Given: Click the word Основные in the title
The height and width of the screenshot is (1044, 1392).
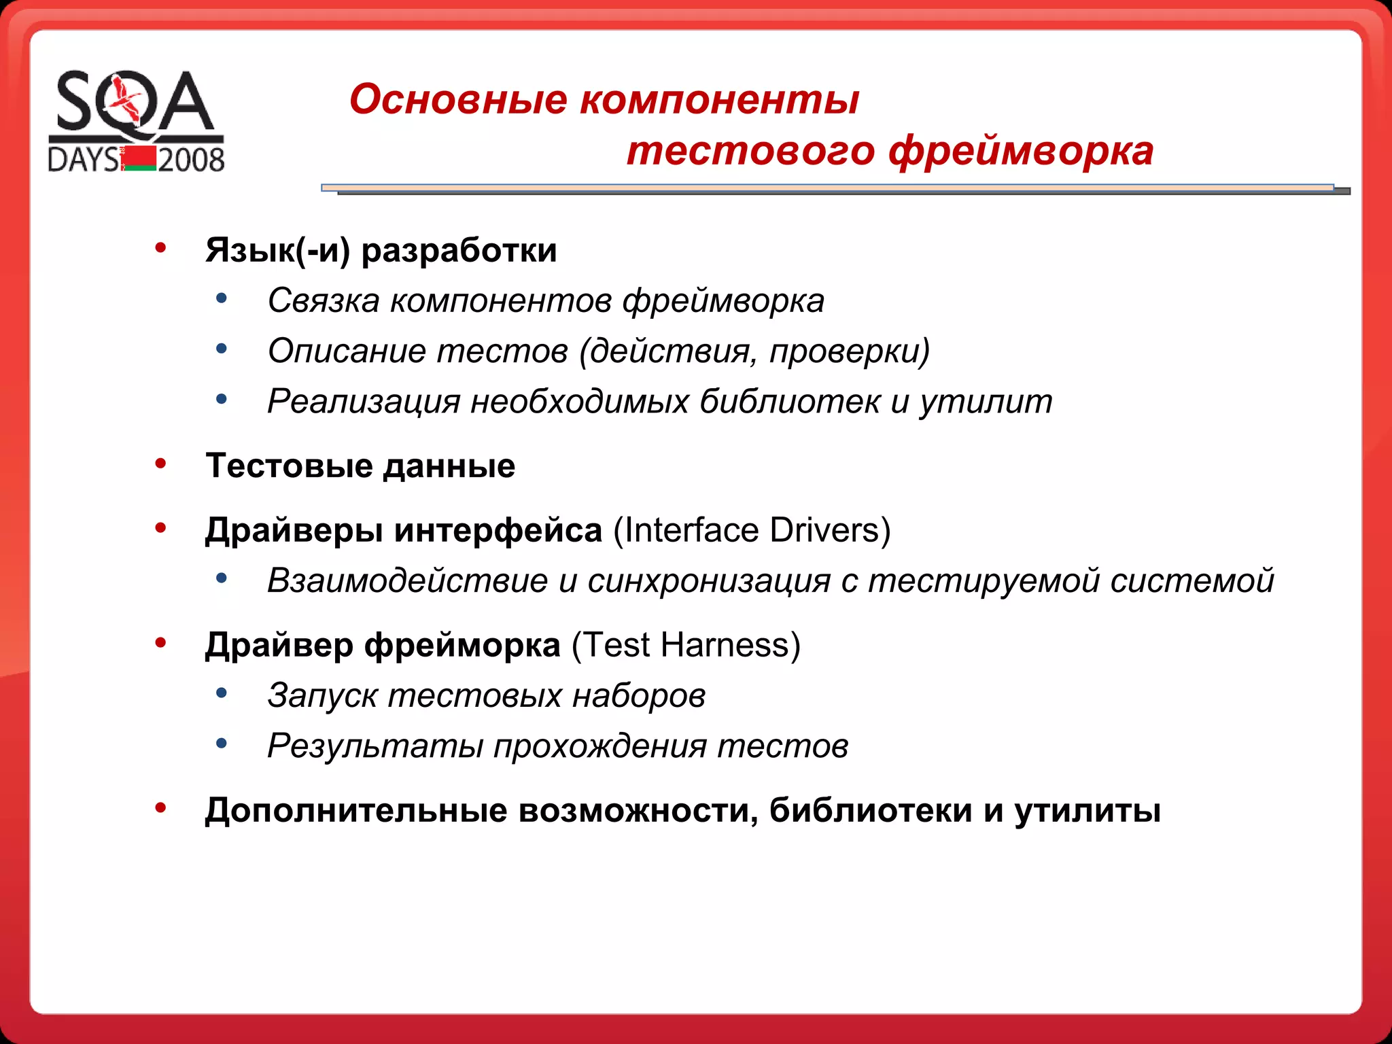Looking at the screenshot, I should point(458,99).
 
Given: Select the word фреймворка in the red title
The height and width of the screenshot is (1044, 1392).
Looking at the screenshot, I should point(1021,150).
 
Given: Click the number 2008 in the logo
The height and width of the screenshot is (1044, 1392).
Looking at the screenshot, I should point(191,160).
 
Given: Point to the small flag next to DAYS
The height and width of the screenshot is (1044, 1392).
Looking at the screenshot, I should point(140,158).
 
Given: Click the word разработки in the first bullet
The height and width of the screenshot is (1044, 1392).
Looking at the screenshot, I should point(459,250).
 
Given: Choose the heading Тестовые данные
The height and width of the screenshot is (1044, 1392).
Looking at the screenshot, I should point(360,466).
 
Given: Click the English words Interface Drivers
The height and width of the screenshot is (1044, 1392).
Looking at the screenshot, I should point(752,530).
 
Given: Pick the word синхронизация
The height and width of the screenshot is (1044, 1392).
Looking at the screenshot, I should point(709,580).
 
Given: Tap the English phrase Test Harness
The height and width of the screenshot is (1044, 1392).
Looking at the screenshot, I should point(686,644).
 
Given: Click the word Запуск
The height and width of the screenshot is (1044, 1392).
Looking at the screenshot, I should point(322,695).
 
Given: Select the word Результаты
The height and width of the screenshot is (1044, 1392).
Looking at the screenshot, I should point(375,746).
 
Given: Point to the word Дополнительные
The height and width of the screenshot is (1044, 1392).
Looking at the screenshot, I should point(356,810).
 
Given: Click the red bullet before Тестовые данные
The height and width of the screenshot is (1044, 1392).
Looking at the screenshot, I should point(160,464).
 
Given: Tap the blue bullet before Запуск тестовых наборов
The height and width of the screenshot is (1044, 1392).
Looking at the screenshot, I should point(221,693).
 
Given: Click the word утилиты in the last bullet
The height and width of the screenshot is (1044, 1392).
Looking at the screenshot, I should point(1087,810).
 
